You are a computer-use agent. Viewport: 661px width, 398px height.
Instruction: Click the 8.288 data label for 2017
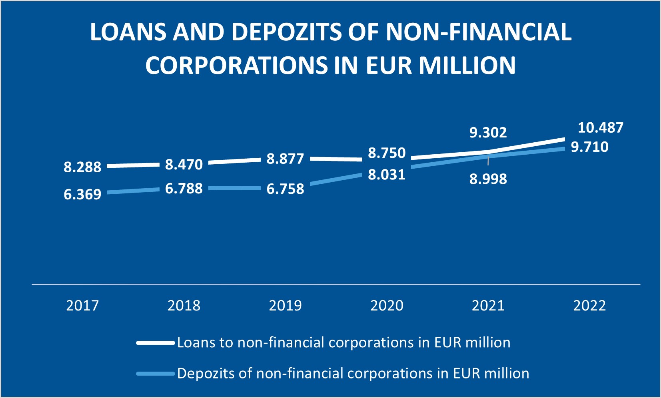pos(82,167)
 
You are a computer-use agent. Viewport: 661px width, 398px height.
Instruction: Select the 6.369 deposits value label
pos(82,194)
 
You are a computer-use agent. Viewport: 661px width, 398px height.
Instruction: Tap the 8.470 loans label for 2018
pos(184,165)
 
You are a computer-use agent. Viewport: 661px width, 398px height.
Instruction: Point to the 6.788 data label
pos(184,188)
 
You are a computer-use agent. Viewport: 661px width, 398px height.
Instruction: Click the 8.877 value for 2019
pos(285,159)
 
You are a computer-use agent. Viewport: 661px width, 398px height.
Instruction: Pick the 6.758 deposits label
pos(285,189)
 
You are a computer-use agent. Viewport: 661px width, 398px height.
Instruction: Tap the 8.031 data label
pos(387,175)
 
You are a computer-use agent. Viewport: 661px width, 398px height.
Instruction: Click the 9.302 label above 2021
pos(488,133)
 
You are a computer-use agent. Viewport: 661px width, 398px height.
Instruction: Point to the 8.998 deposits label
pos(488,179)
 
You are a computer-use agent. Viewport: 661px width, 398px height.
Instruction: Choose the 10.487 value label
pos(601,128)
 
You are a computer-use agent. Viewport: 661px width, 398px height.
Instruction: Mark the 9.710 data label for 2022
pos(589,147)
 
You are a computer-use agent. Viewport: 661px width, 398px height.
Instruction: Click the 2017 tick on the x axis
pos(82,306)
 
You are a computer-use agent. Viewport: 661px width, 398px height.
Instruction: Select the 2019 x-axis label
pos(285,306)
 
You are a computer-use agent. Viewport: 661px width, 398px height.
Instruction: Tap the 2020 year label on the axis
pos(387,306)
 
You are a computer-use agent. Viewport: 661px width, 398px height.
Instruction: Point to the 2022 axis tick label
pos(589,306)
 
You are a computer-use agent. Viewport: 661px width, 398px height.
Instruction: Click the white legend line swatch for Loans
pos(156,343)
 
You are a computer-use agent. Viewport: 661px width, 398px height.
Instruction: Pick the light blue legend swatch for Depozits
pos(156,374)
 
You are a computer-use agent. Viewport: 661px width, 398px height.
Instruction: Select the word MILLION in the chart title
pos(467,65)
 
